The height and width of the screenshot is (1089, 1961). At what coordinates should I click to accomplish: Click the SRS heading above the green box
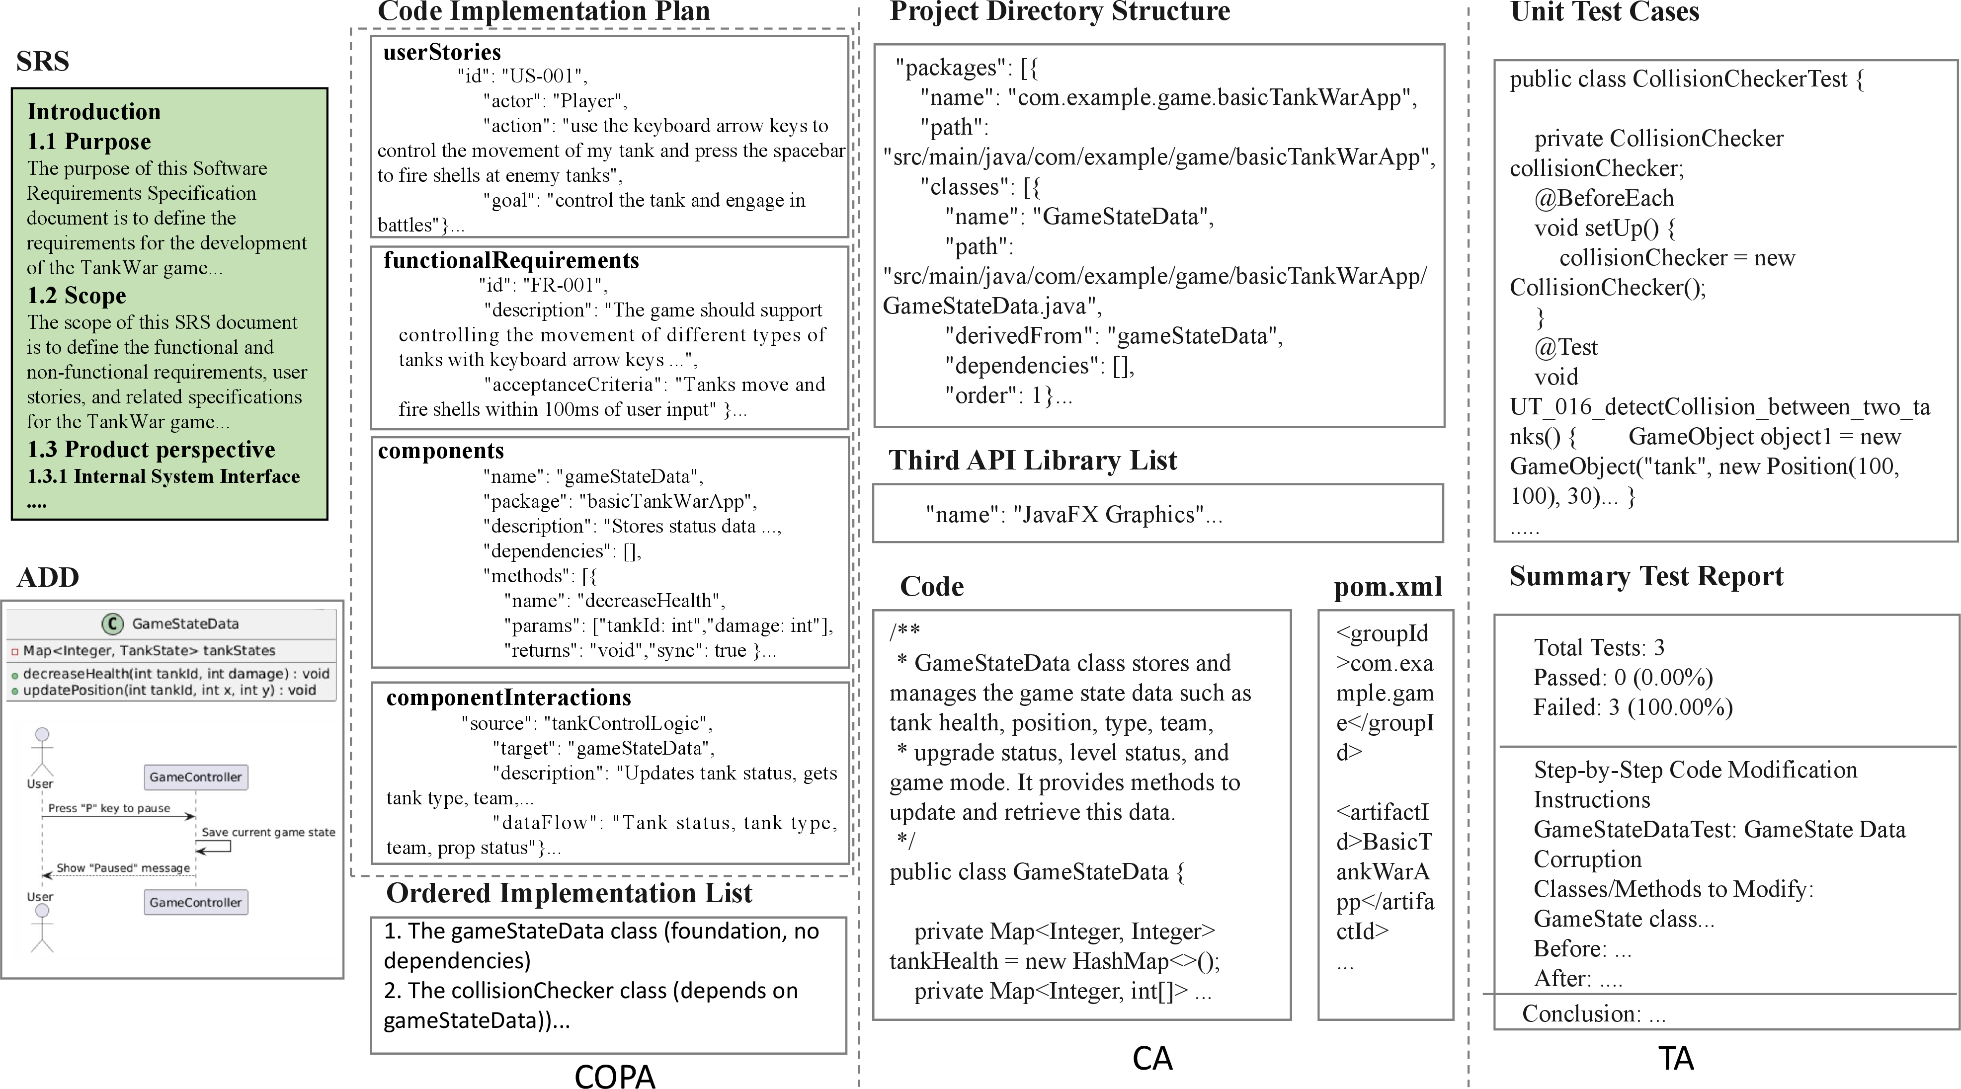pyautogui.click(x=43, y=61)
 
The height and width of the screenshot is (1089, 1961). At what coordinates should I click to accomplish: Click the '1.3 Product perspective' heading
pyautogui.click(x=151, y=449)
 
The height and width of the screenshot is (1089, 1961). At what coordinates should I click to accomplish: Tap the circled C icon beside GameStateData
pyautogui.click(x=113, y=624)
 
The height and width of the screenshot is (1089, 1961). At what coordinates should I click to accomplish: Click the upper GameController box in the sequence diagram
pyautogui.click(x=196, y=777)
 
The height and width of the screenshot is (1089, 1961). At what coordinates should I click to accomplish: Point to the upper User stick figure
pyautogui.click(x=42, y=750)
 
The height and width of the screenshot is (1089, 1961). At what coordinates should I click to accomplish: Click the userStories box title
pyautogui.click(x=441, y=52)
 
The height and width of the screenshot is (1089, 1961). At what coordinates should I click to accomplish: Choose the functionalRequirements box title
pyautogui.click(x=511, y=260)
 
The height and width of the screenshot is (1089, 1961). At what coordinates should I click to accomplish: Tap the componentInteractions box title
pyautogui.click(x=508, y=697)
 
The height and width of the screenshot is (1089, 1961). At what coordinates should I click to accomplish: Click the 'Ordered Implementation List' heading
pyautogui.click(x=569, y=893)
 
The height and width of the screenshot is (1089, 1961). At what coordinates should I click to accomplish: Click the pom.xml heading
pyautogui.click(x=1387, y=587)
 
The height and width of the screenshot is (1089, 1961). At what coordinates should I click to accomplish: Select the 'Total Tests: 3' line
pyautogui.click(x=1599, y=648)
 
